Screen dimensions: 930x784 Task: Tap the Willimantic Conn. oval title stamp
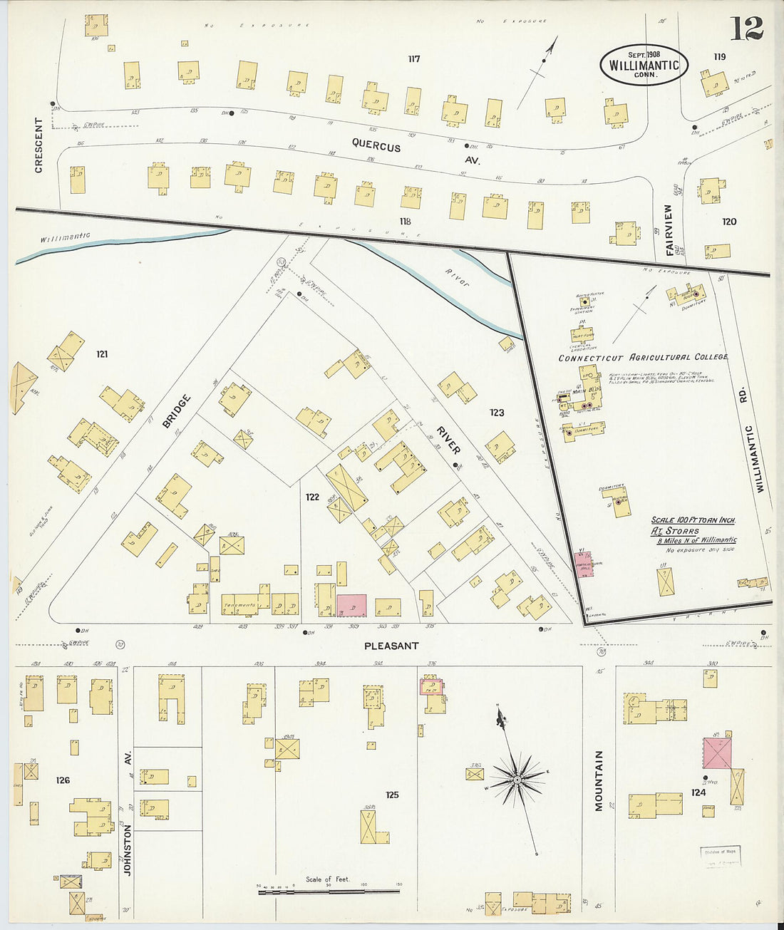644,65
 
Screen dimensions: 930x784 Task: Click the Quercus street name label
376,146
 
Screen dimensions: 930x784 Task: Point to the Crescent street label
39,145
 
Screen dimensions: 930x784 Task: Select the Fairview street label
669,230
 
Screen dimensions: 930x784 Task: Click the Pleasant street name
391,646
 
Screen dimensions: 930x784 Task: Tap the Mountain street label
599,780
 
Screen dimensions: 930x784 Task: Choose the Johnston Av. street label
128,841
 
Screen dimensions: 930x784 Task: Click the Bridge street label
177,411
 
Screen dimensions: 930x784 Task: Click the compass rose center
516,780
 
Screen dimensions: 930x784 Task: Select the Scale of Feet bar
329,890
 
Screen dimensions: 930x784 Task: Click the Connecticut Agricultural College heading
642,357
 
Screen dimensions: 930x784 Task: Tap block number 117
413,59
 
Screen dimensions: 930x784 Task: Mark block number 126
63,780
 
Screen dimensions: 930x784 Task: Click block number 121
102,353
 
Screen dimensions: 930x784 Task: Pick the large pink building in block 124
717,753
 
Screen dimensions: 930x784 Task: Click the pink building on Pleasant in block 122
351,605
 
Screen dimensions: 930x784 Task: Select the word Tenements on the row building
239,606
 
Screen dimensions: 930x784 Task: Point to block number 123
497,413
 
